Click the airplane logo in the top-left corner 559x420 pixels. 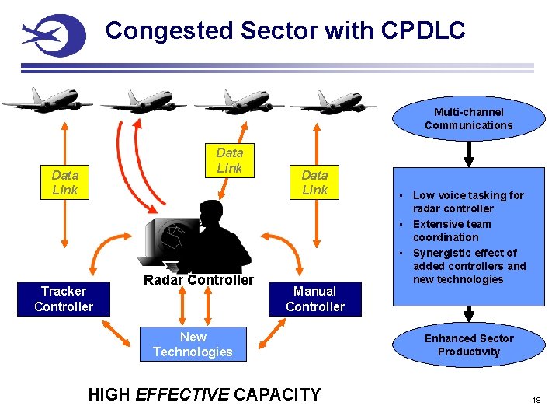point(53,35)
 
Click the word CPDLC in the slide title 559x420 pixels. point(423,30)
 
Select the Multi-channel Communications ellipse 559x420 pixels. point(468,119)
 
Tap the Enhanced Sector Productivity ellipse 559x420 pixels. point(468,345)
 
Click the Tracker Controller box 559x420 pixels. point(64,299)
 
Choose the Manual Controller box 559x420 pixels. point(314,299)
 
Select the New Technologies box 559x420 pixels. point(193,345)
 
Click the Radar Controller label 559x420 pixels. point(199,280)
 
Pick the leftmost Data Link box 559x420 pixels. point(64,183)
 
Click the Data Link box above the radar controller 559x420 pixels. point(229,160)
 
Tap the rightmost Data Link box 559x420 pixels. point(314,183)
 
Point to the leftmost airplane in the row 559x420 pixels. point(47,101)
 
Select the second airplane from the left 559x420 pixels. point(144,101)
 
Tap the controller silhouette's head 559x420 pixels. point(210,213)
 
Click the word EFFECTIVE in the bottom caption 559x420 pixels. point(182,394)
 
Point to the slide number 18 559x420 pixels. point(536,400)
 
